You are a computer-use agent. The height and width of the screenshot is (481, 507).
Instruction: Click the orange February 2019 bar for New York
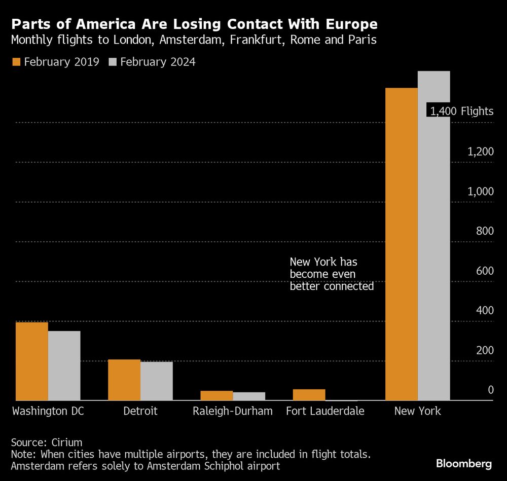[402, 244]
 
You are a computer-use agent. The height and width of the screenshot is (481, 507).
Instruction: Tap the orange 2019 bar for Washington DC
[31, 361]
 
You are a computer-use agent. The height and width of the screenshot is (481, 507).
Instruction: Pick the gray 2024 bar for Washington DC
[64, 365]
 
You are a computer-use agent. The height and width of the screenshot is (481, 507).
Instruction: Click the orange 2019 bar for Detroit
[124, 380]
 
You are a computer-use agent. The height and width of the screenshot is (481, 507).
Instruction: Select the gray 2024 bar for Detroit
[156, 381]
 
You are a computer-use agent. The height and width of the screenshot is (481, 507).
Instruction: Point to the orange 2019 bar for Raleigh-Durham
[216, 395]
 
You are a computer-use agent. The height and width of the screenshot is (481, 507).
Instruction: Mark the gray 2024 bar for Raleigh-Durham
[249, 396]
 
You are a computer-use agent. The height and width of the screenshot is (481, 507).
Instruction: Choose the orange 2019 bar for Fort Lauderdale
[309, 395]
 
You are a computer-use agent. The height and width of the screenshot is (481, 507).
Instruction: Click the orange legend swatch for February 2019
[16, 62]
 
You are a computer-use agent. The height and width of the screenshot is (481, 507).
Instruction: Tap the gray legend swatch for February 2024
[113, 62]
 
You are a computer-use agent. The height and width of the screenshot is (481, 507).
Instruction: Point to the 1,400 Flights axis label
[461, 112]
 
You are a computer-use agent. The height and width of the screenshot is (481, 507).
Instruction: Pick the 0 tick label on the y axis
[490, 390]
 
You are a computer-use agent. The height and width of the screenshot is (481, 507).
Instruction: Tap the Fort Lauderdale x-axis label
[325, 411]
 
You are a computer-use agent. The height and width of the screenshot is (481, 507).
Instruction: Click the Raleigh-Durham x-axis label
[232, 411]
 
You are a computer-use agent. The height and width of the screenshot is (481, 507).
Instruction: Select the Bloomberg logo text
[463, 463]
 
